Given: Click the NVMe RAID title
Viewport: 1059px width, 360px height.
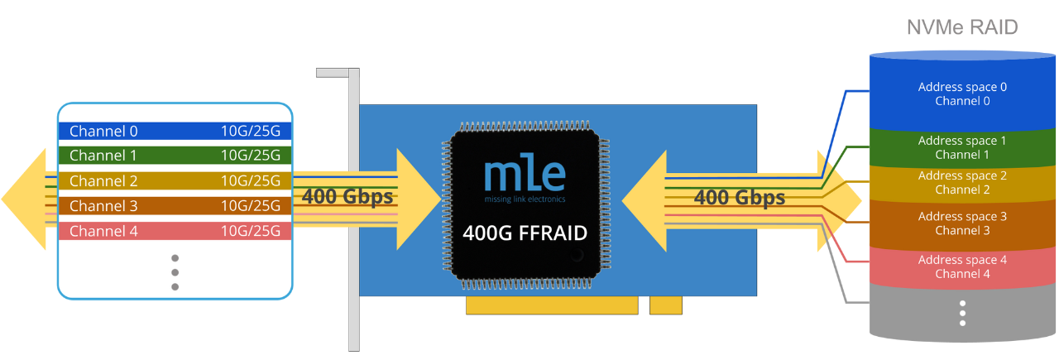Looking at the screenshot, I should coord(962,28).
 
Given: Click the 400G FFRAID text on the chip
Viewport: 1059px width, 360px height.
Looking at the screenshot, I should coord(525,233).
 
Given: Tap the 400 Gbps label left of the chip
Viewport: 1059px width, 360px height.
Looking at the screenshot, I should coord(347,198).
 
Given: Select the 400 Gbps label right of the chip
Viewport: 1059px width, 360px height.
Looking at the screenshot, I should coord(739,198).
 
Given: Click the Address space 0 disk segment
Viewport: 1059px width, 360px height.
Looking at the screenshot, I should coord(962,94).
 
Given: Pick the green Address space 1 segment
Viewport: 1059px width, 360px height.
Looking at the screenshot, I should coord(962,147).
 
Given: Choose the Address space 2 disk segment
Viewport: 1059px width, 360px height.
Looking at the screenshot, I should coord(962,182).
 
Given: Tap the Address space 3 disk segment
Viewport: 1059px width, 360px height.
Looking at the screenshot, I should coord(962,223).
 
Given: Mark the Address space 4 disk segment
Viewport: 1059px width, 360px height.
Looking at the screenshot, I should coord(962,266).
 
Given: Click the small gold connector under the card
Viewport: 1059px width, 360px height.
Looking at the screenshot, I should coord(666,306).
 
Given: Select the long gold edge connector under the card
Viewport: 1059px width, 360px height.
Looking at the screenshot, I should coord(552,306).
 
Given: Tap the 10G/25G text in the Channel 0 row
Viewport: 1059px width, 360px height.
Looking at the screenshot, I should coord(251,132).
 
